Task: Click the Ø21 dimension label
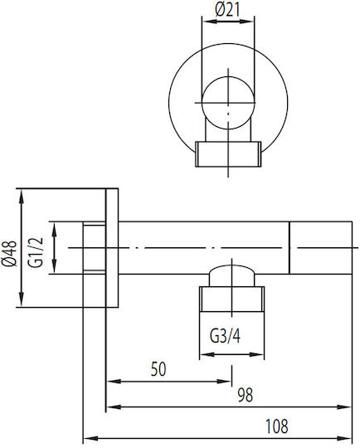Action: point(228,11)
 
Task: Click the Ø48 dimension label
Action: point(9,253)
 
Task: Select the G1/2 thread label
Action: point(36,252)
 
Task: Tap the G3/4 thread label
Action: point(225,336)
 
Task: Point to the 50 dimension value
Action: point(158,369)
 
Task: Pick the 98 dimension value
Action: point(246,395)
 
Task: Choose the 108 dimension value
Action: point(276,426)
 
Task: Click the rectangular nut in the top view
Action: point(228,154)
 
